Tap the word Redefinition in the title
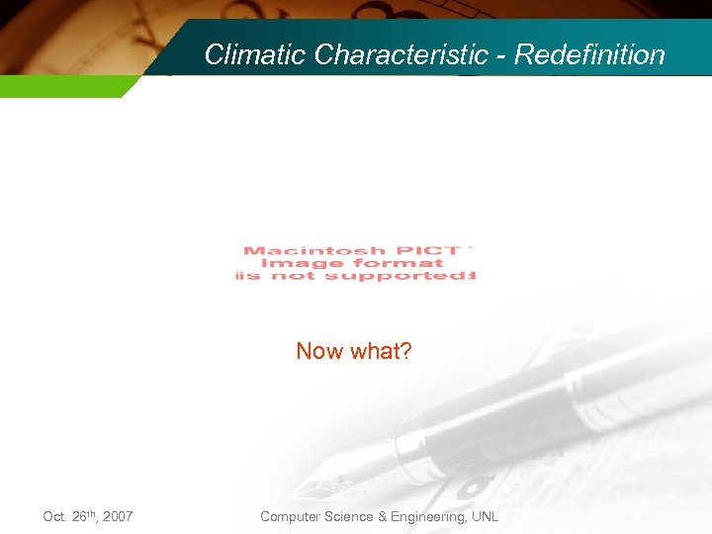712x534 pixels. coord(589,54)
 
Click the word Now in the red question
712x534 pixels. coord(319,351)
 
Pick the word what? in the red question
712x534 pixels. coord(380,351)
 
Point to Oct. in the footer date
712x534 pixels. coord(55,517)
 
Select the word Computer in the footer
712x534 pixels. coord(291,517)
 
